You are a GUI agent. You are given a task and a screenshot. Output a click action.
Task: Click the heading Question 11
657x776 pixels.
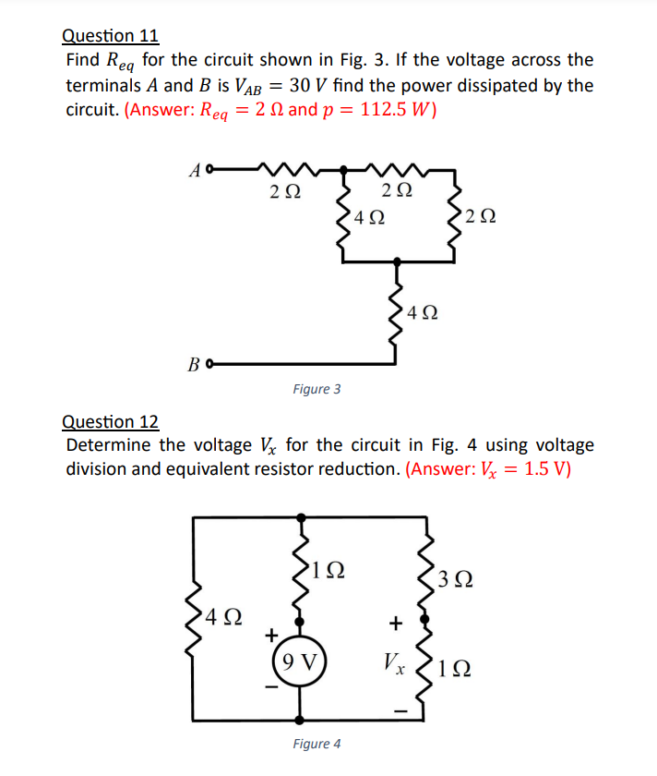[x=110, y=36]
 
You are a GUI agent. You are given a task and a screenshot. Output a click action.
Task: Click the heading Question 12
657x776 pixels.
[x=110, y=422]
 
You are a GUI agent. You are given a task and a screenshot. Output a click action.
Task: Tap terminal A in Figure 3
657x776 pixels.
[x=210, y=169]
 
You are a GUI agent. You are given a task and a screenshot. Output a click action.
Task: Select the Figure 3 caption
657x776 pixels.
[x=317, y=389]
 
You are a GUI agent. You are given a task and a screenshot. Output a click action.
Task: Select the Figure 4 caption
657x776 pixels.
[x=317, y=744]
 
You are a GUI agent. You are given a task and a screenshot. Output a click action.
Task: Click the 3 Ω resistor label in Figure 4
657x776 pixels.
[x=458, y=579]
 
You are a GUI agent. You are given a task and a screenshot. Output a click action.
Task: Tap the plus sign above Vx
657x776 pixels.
[x=396, y=624]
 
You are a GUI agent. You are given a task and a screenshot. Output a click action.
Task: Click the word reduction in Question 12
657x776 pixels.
[x=356, y=468]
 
